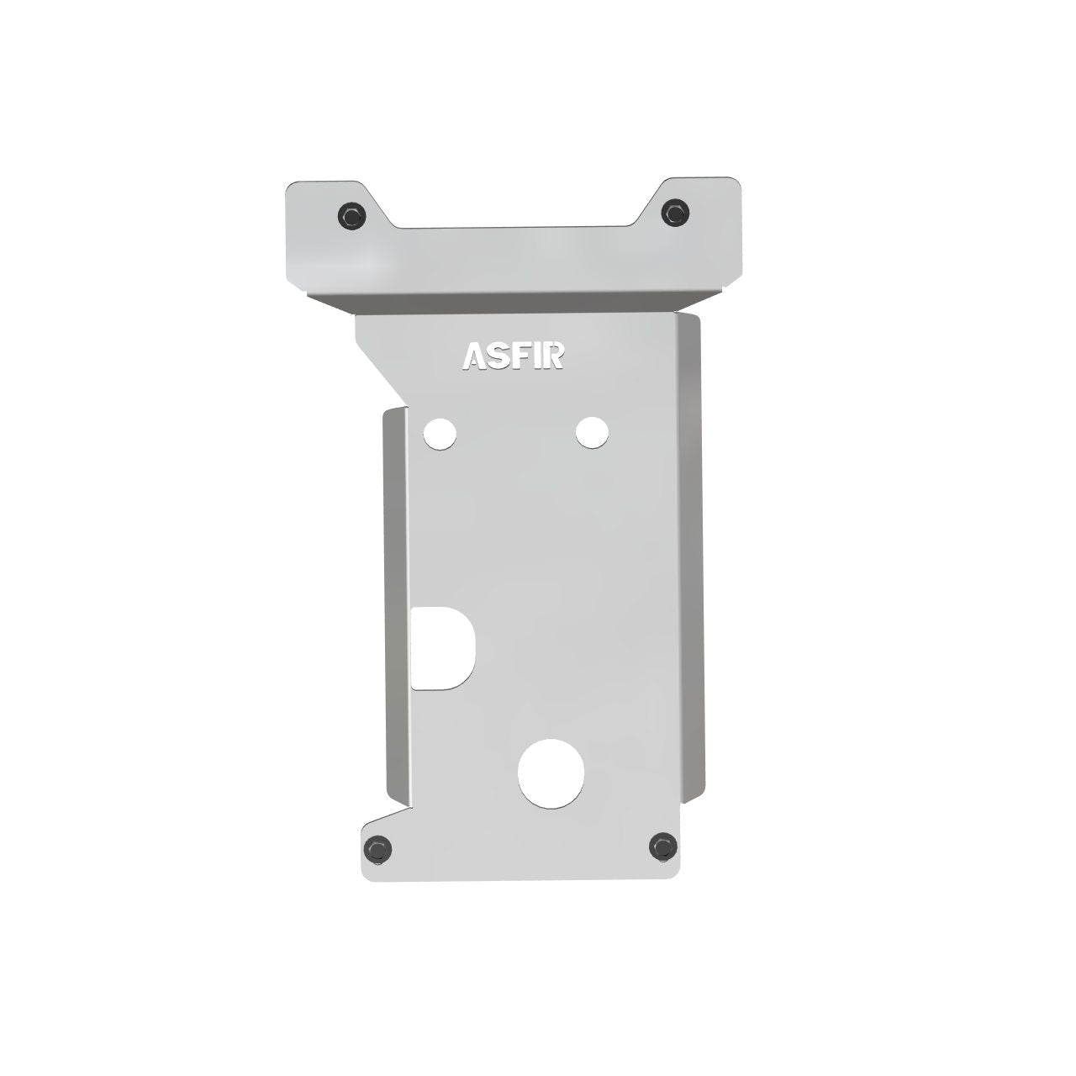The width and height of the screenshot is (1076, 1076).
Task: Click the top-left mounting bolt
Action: point(352,214)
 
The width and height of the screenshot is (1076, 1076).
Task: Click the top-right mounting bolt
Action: point(675,212)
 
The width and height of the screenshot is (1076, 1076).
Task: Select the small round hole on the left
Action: point(440,434)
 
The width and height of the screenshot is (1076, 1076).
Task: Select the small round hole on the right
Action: point(592,433)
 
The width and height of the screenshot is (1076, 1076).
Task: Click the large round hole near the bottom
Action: point(551,773)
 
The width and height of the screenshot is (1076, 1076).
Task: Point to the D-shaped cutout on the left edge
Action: point(442,648)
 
